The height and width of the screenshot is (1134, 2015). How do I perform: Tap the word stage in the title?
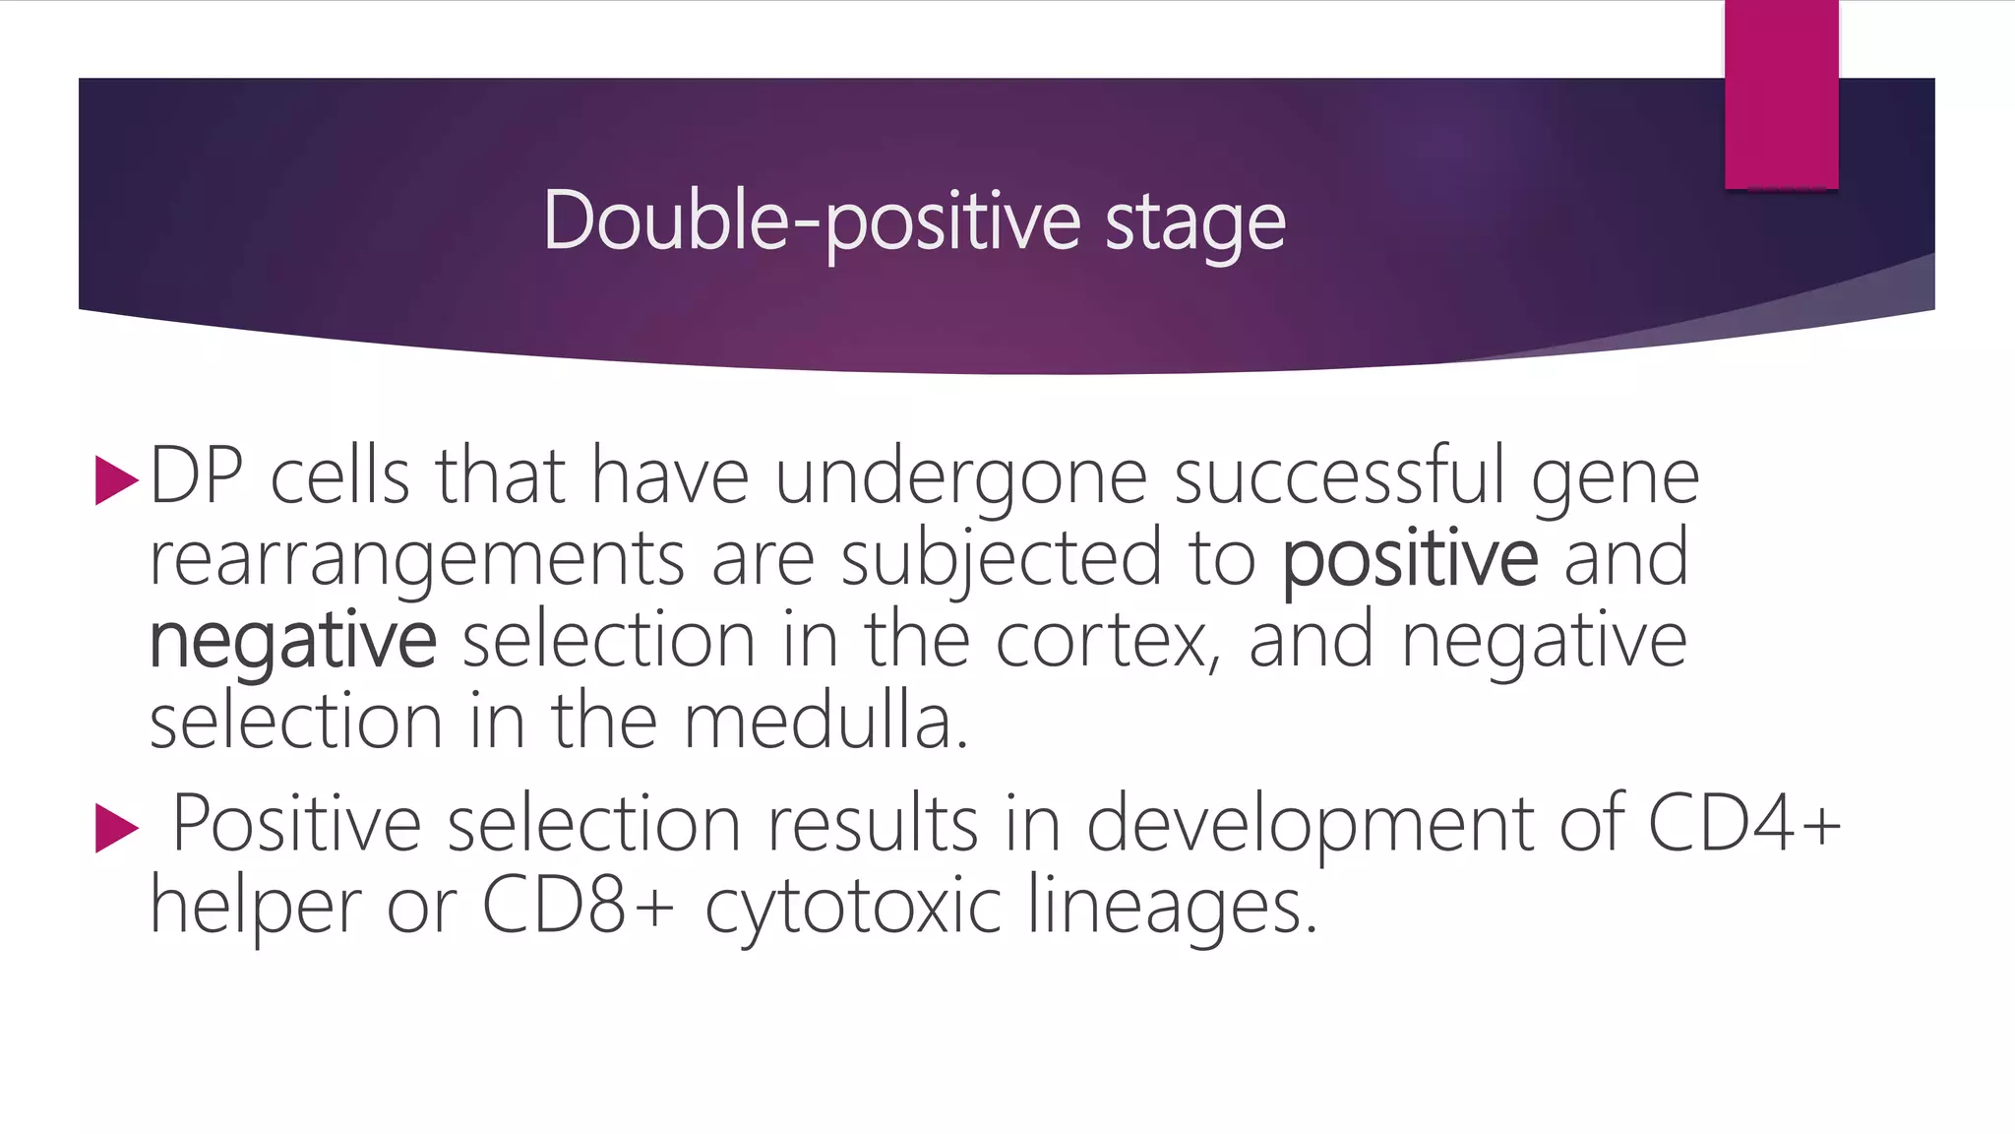[x=1194, y=222]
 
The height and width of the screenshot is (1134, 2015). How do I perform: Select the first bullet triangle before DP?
[x=116, y=480]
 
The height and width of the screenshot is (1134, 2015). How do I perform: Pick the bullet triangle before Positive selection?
[x=116, y=828]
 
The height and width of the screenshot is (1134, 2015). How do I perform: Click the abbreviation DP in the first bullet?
[x=197, y=476]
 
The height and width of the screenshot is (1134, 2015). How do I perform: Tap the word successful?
[x=1339, y=476]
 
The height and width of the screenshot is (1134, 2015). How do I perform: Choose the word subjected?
[x=1001, y=559]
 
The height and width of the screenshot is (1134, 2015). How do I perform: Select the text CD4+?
[x=1742, y=823]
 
